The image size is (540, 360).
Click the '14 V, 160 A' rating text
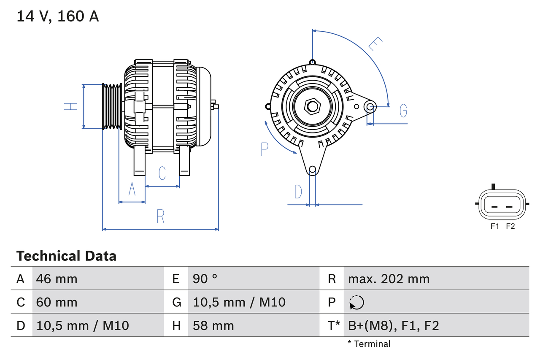58,16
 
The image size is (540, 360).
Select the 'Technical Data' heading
66,256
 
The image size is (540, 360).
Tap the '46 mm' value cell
57,279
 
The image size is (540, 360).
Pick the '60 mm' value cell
57,302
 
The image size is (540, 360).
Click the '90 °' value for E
205,279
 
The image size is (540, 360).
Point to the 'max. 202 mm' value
389,279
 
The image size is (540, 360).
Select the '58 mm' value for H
213,325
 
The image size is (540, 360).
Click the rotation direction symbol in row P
356,302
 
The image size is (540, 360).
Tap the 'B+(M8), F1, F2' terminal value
393,325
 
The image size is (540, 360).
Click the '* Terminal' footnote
369,344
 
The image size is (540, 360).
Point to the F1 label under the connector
495,226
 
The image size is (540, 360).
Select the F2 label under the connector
510,226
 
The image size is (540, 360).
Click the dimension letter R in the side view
160,217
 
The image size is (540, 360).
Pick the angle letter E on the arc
375,44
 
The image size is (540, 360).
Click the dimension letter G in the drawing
403,111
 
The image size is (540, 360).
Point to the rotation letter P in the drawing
265,149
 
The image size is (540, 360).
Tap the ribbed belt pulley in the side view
112,106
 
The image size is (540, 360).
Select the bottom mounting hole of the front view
312,170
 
